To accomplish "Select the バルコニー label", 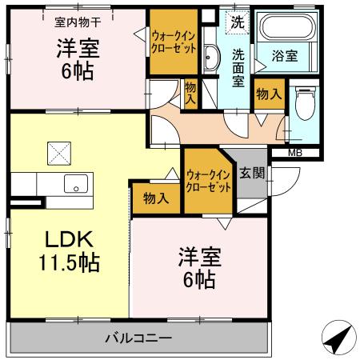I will pyautogui.click(x=138, y=338).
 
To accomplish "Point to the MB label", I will pyautogui.click(x=294, y=152).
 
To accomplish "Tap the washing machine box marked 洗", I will pyautogui.click(x=238, y=23).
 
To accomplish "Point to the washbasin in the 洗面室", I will pyautogui.click(x=210, y=58).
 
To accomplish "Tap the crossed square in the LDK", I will pyautogui.click(x=58, y=150).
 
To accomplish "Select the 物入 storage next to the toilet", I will pyautogui.click(x=268, y=94).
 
